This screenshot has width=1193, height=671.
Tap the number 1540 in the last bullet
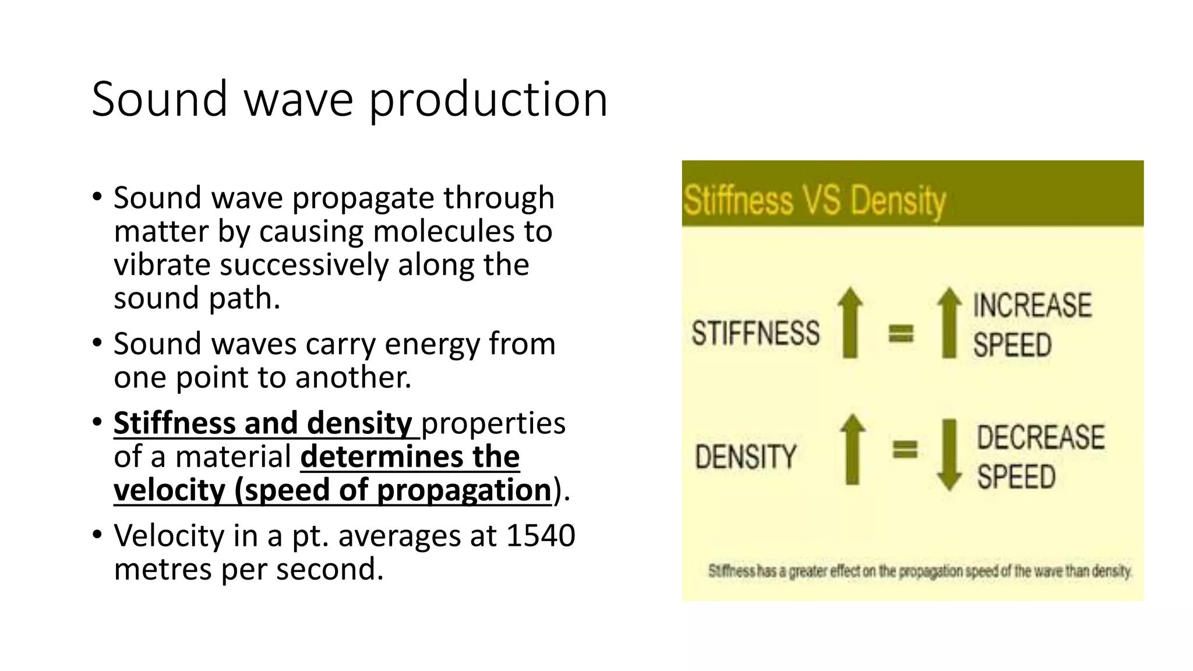(x=541, y=535)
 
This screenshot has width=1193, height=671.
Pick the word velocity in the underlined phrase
(x=169, y=490)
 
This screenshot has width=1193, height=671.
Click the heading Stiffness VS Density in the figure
(x=814, y=200)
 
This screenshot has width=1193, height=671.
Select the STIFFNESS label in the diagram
(x=756, y=333)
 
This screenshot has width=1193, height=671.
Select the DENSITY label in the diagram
(x=746, y=456)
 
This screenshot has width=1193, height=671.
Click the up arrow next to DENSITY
(x=853, y=449)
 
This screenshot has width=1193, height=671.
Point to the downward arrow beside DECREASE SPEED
(x=949, y=454)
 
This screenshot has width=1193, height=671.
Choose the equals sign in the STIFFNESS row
(x=901, y=333)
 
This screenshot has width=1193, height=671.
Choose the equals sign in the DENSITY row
(x=905, y=449)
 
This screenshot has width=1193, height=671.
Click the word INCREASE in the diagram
(x=1032, y=306)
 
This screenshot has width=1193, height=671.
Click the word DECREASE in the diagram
(x=1040, y=437)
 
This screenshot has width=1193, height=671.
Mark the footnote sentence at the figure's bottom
(x=920, y=571)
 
